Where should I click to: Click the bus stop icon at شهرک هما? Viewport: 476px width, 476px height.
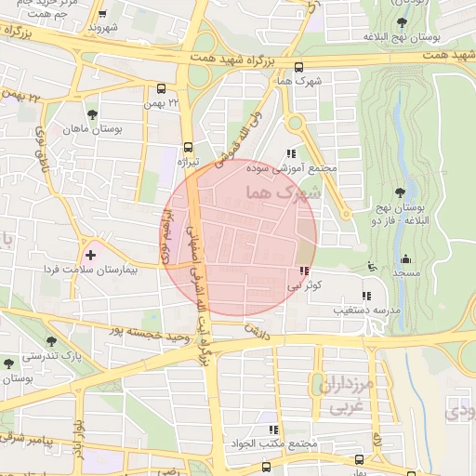coord(298,67)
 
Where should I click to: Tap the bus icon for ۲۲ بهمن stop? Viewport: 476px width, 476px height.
coord(162,90)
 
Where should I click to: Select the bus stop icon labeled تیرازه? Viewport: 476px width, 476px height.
coord(189,147)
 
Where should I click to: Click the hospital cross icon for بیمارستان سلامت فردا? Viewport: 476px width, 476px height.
coord(90,253)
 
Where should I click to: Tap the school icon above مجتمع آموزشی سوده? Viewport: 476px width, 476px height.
coord(291,154)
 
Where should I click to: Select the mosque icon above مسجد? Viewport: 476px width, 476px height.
coord(404,259)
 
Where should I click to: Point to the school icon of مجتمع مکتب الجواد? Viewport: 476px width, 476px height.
coord(273,429)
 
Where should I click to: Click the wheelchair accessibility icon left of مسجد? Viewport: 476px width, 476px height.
coord(372,268)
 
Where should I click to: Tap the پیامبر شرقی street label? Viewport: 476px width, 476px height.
coord(28,437)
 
